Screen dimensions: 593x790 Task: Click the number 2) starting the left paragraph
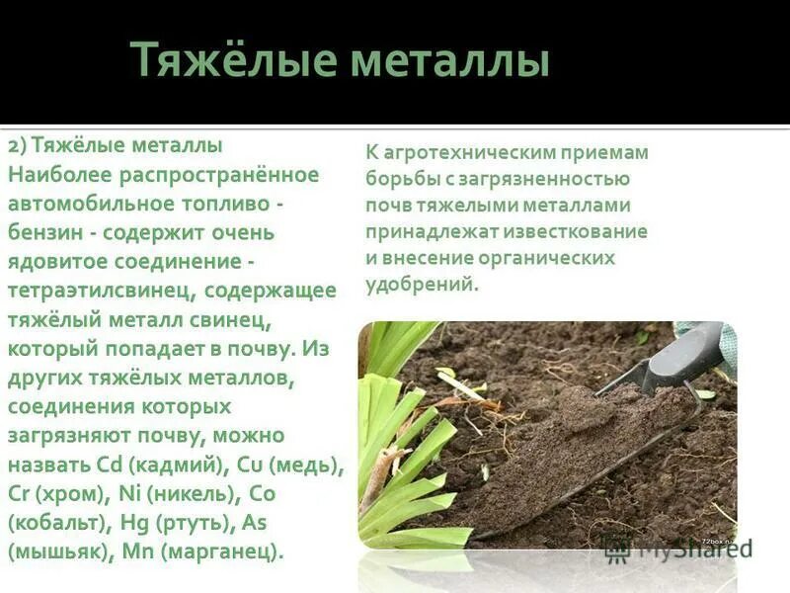[18, 145]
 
